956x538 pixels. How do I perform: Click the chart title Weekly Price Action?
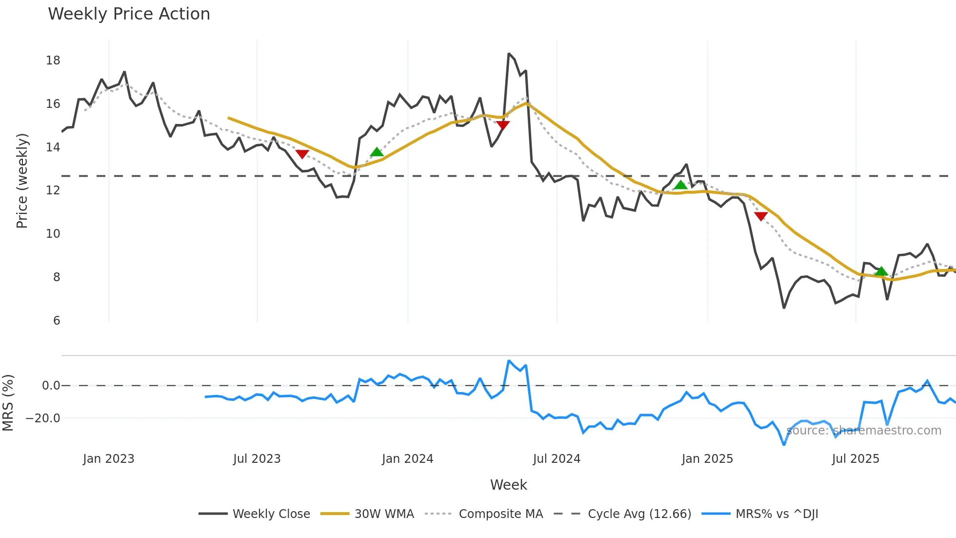pos(129,14)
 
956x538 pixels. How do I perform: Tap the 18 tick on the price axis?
pos(53,61)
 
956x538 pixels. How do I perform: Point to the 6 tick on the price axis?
pos(57,321)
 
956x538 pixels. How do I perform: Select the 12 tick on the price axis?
pos(53,190)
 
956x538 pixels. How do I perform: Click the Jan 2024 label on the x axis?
pos(407,459)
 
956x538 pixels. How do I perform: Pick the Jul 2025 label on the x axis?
pos(856,459)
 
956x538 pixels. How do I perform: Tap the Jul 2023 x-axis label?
pos(257,459)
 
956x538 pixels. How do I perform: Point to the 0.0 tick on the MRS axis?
pos(51,386)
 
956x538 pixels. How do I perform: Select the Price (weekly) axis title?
pos(22,181)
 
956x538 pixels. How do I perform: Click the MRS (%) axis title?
pos(8,403)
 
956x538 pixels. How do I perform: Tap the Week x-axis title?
pos(508,485)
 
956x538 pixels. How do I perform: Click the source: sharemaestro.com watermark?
pos(864,431)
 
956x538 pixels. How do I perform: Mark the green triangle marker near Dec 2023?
pos(377,152)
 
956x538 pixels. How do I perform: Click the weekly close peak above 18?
pos(509,54)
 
